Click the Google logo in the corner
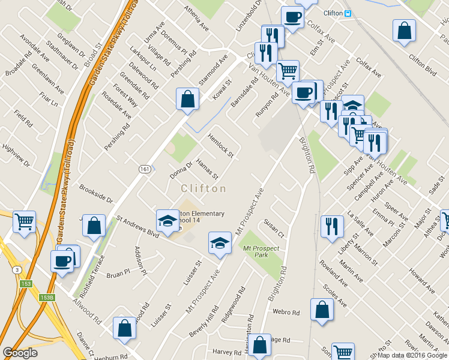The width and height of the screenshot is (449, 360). [x=20, y=353]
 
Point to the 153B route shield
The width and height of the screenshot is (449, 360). [x=47, y=298]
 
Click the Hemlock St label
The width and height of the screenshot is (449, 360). [x=220, y=145]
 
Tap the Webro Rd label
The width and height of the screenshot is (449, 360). [x=286, y=313]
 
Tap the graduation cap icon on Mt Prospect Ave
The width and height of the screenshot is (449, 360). [x=220, y=244]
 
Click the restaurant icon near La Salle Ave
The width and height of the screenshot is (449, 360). [x=332, y=226]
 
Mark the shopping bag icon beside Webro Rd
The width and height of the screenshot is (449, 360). [x=322, y=310]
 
